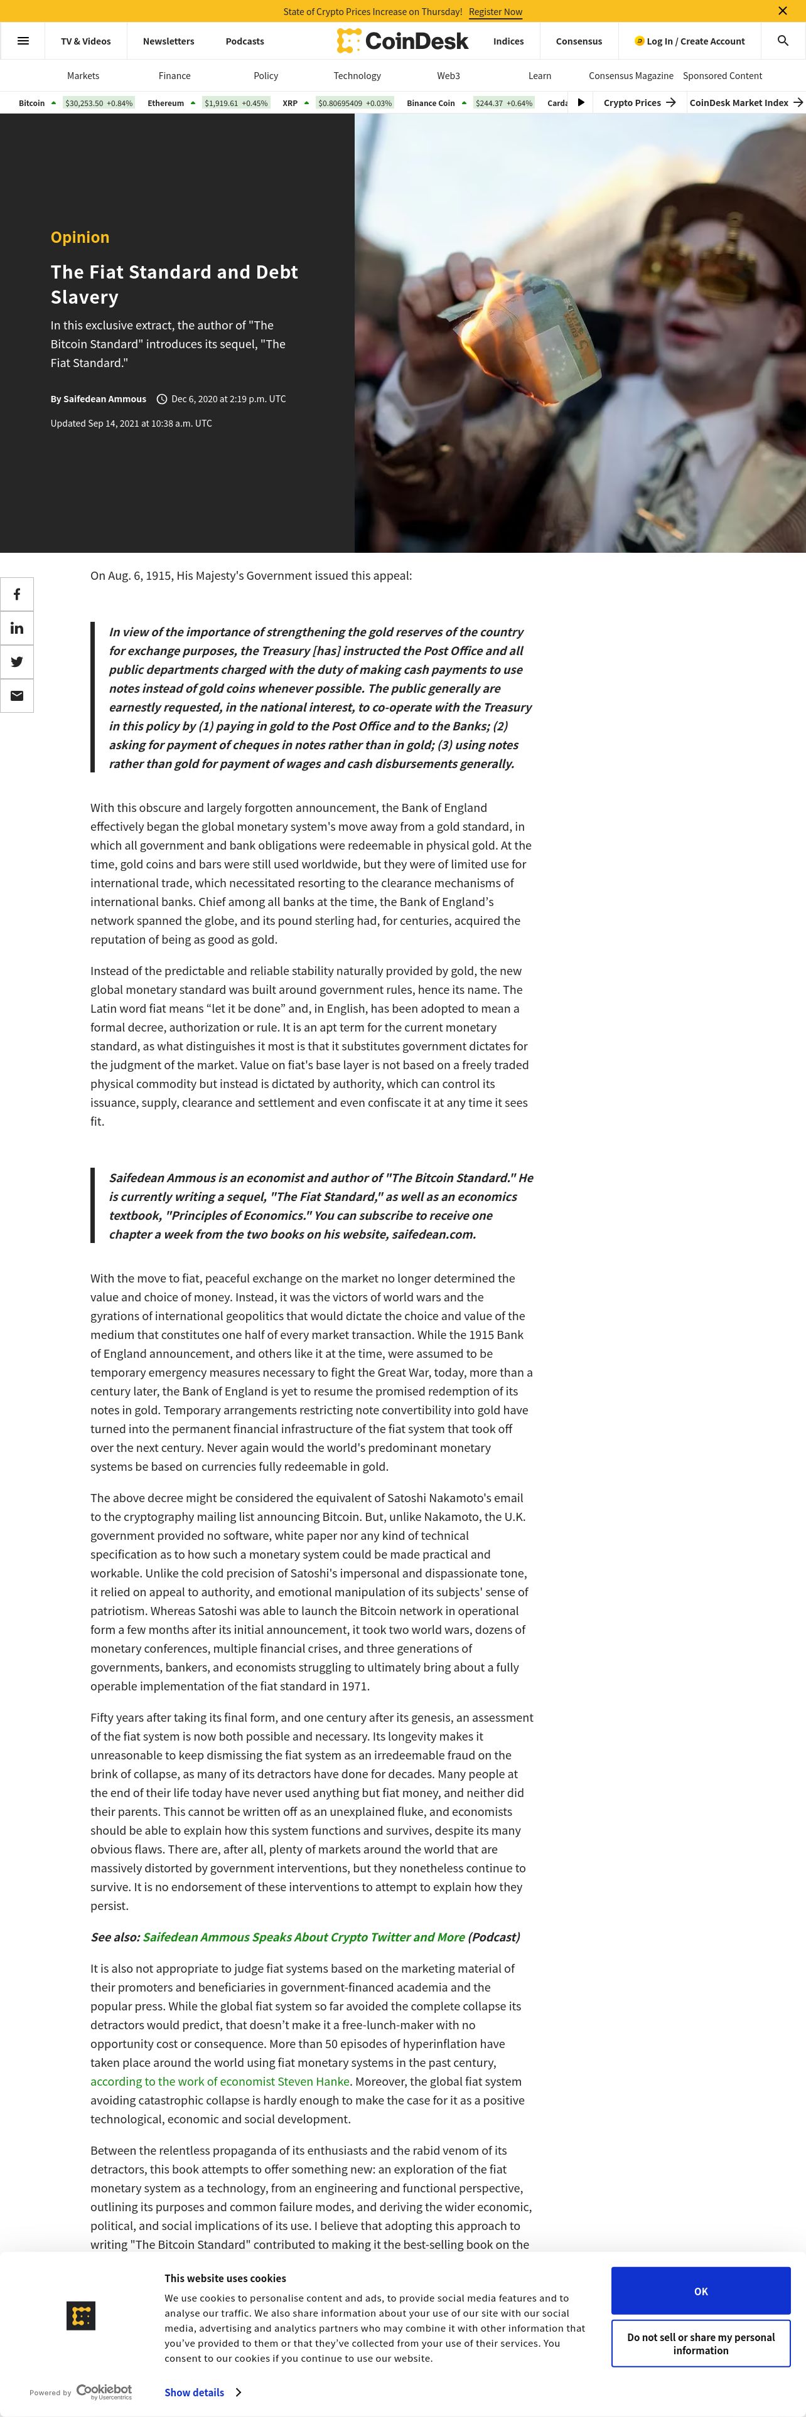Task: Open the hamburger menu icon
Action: click(x=23, y=41)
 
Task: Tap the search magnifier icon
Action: click(x=783, y=41)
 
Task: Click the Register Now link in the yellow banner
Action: click(x=495, y=11)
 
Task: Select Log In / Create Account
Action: click(x=690, y=41)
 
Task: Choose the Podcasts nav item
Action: click(x=245, y=41)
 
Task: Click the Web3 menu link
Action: click(x=448, y=76)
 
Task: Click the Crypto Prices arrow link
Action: click(x=639, y=103)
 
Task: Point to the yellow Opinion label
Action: click(x=80, y=237)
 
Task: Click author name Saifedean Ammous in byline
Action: click(x=104, y=399)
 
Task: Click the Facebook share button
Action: click(x=17, y=595)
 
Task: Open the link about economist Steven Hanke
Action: click(x=220, y=2081)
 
